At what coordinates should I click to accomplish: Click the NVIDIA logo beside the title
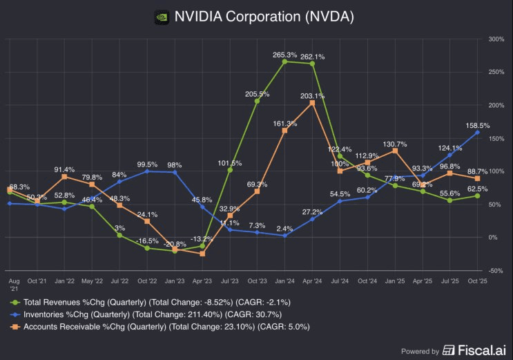pos(161,17)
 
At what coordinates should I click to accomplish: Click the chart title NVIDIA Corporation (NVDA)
pos(265,17)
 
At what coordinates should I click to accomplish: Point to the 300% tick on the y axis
pos(497,39)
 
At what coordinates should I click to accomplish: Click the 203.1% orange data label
pos(312,96)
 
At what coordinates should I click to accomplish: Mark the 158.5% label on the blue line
pos(479,126)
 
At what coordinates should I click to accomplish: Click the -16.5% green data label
pos(146,240)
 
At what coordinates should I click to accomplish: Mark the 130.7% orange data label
pos(394,144)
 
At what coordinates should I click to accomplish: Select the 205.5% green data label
pos(257,94)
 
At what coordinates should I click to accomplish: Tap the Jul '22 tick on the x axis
pos(119,282)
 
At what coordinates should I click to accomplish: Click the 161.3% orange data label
pos(284,123)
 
